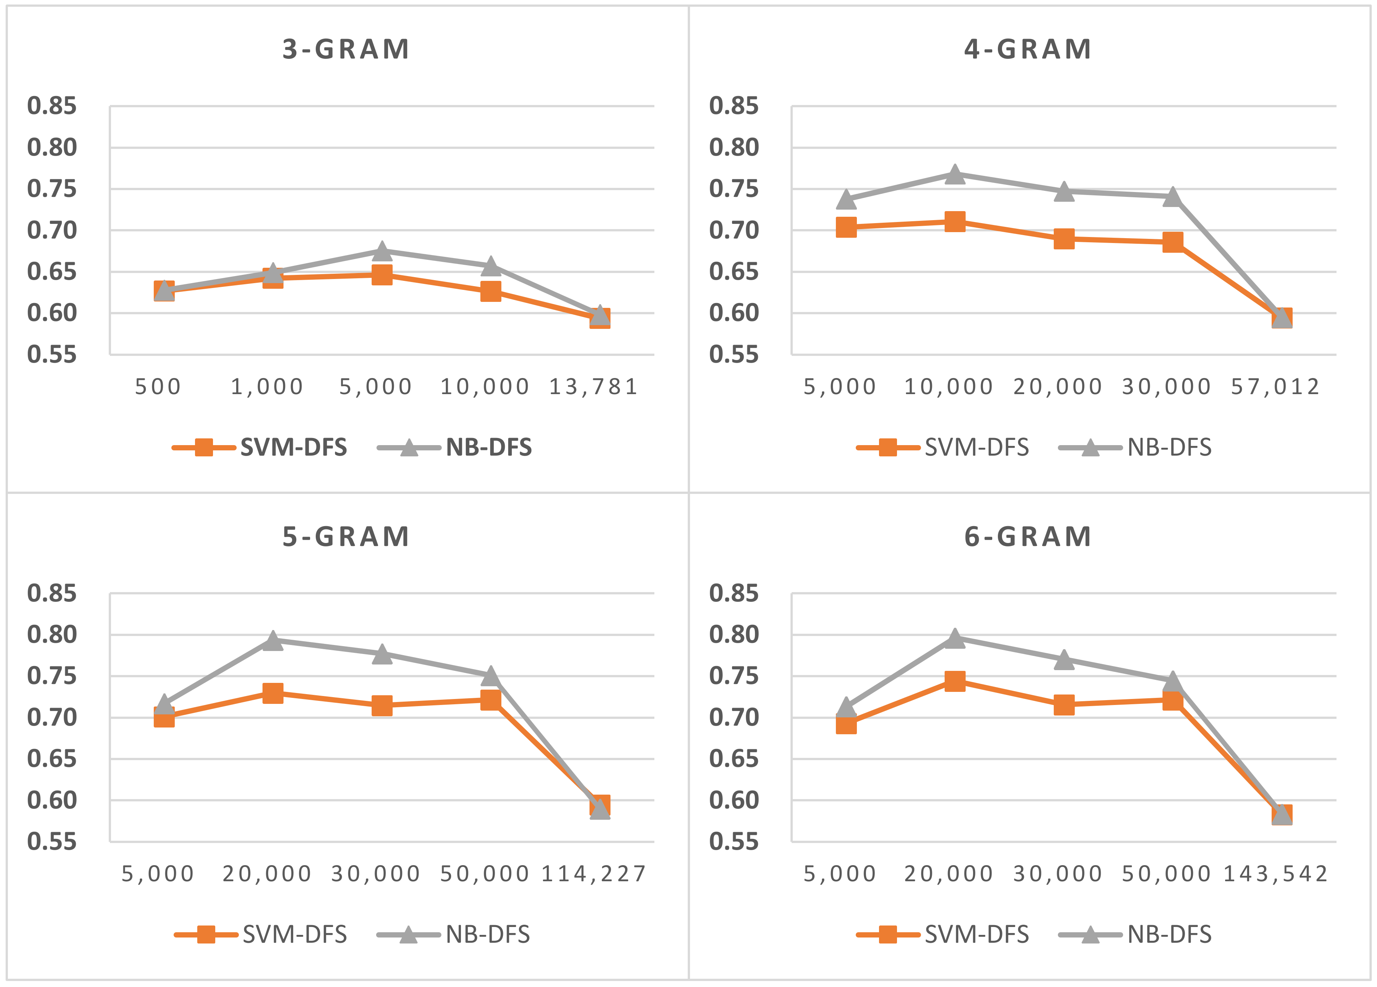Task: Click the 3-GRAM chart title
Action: pyautogui.click(x=346, y=49)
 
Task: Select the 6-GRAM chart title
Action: pyautogui.click(x=1028, y=537)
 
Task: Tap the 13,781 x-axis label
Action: pyautogui.click(x=594, y=387)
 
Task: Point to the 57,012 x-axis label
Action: pyautogui.click(x=1275, y=387)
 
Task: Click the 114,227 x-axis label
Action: pyautogui.click(x=594, y=874)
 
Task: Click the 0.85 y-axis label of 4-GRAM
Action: pyautogui.click(x=733, y=106)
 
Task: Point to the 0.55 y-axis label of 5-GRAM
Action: pyautogui.click(x=52, y=842)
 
